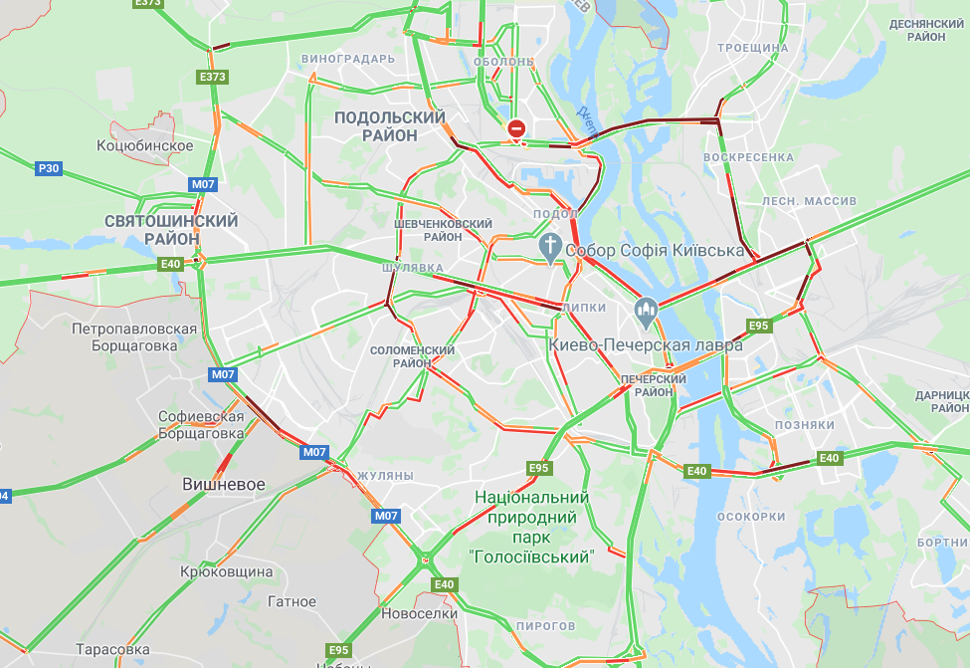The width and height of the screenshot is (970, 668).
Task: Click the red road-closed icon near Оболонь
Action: (516, 128)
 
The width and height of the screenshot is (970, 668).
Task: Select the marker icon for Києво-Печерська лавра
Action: (647, 313)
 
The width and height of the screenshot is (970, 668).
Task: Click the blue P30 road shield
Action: (49, 168)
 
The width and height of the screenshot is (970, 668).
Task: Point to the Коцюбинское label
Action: (144, 146)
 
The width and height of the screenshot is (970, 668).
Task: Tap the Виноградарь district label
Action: (347, 59)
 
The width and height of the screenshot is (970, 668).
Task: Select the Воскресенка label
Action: (748, 157)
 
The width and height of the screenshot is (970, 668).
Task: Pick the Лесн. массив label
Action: (809, 201)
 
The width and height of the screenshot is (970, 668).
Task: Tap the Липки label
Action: (585, 309)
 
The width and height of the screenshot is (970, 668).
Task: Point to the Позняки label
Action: (804, 425)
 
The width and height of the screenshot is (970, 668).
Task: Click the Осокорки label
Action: (751, 517)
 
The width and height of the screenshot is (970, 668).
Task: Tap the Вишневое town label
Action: (224, 484)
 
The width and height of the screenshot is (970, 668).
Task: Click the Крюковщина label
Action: (227, 572)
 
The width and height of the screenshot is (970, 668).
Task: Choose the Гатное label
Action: (291, 601)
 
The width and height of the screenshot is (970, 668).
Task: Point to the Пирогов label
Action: (546, 625)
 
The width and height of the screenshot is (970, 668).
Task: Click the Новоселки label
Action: (419, 613)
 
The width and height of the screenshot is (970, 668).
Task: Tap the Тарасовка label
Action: (111, 649)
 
